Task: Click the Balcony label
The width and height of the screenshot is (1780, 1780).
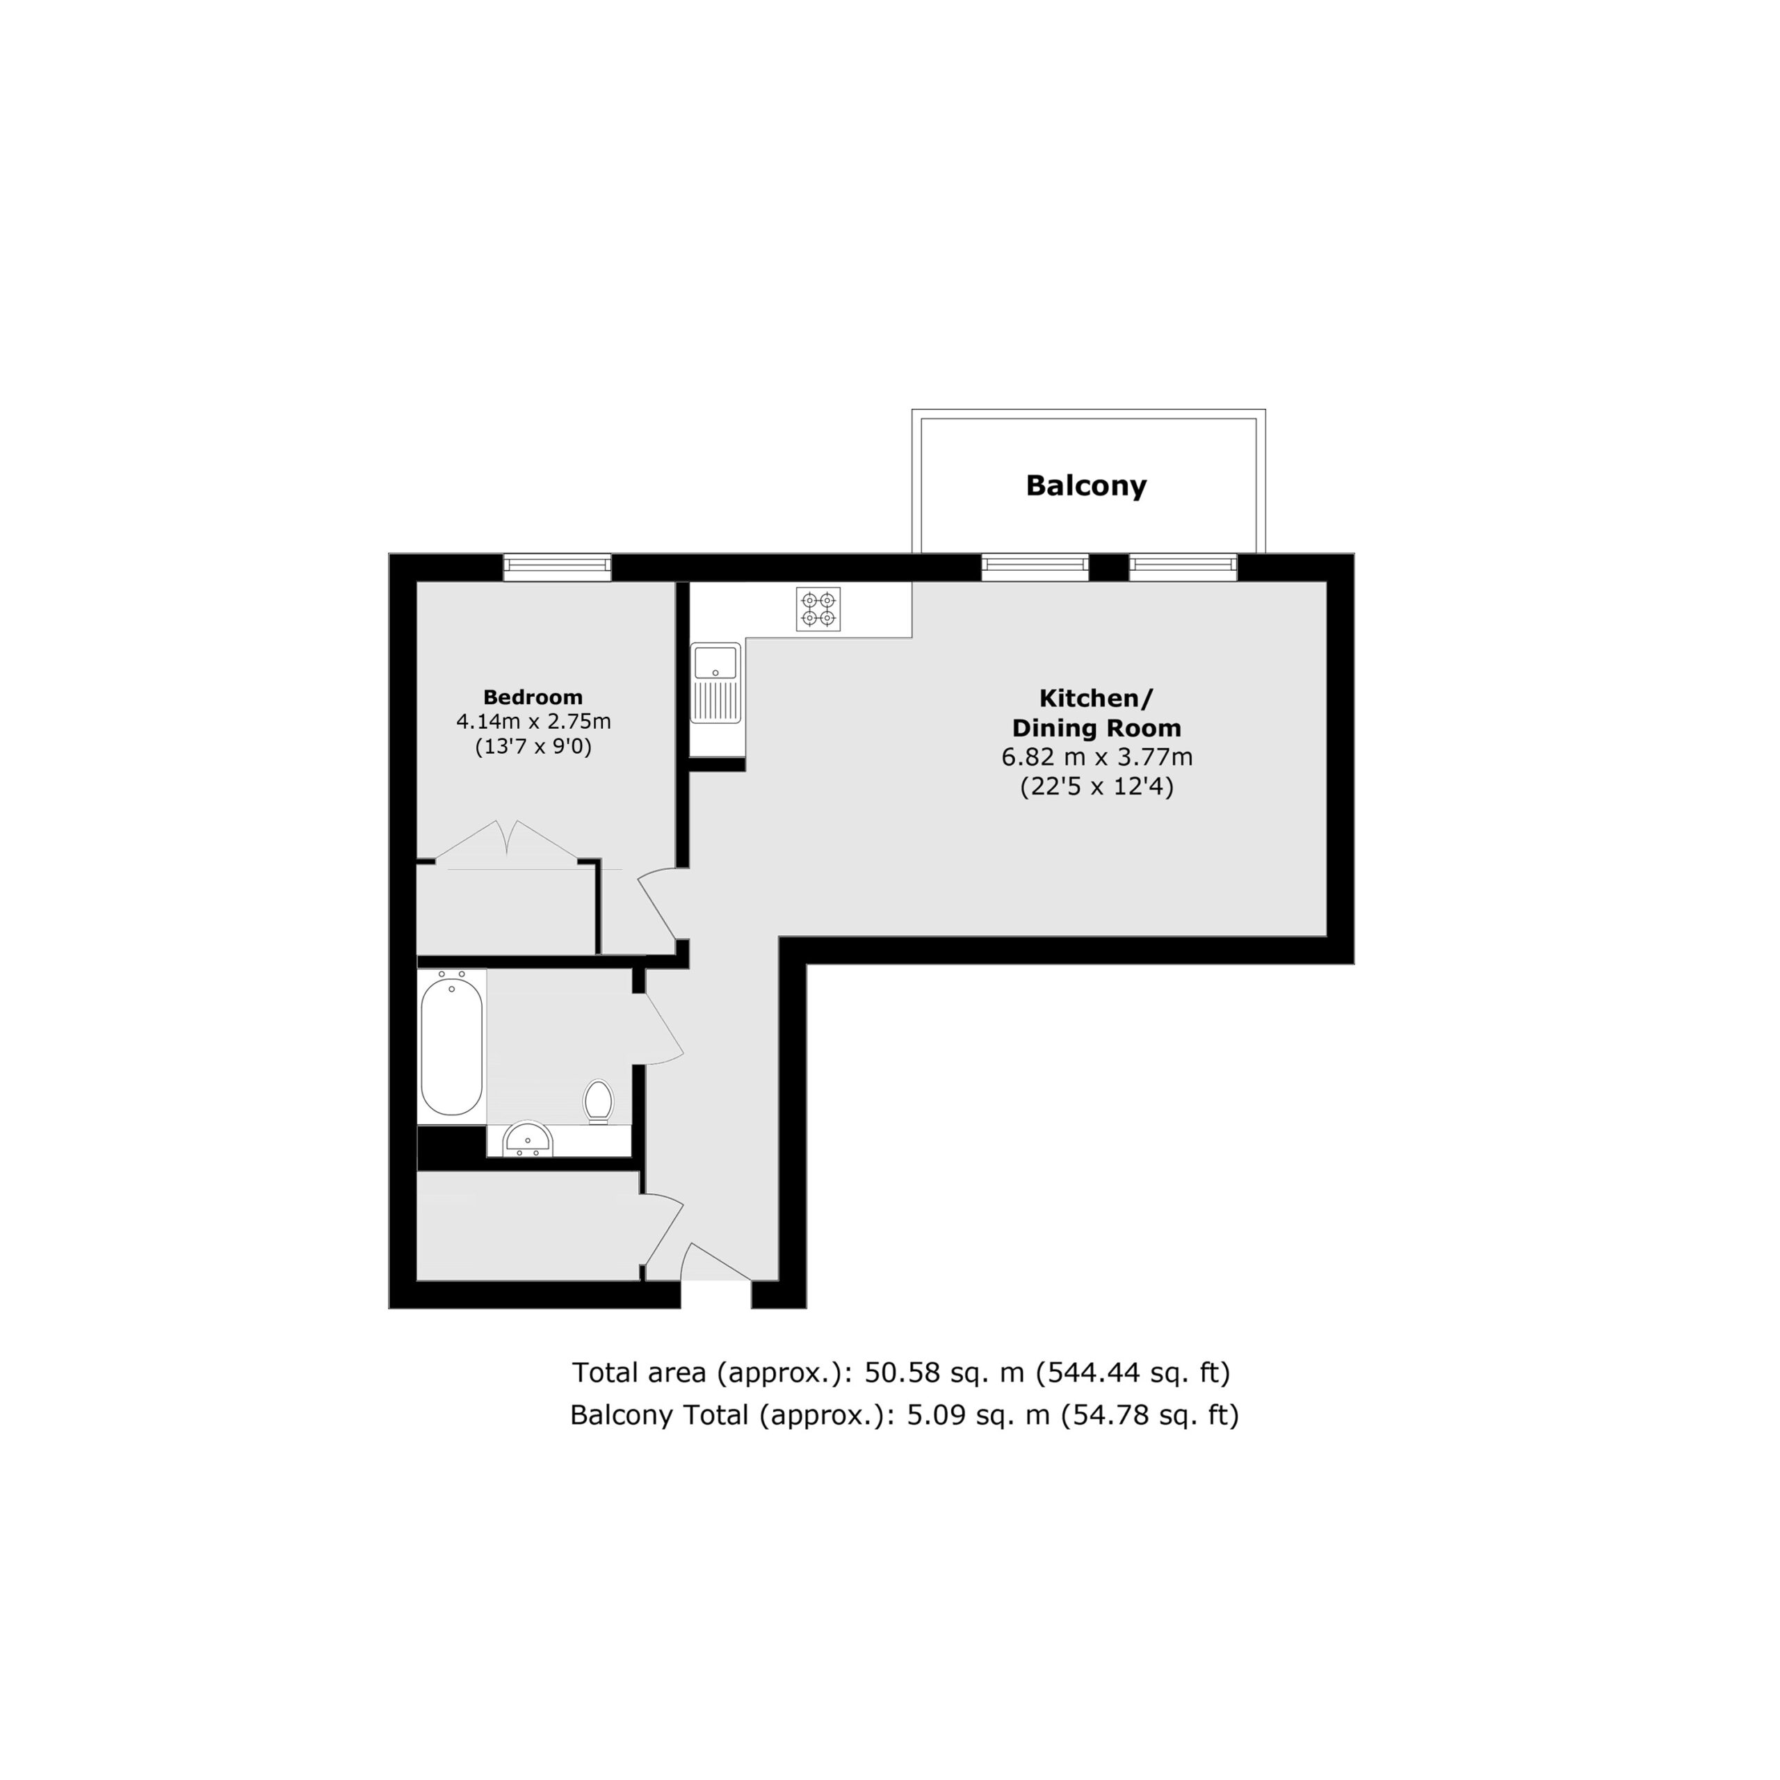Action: (x=1086, y=485)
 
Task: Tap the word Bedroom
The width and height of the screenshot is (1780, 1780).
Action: (x=533, y=697)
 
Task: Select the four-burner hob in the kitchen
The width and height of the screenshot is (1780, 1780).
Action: (x=818, y=610)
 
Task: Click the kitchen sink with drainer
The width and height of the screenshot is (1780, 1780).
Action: (x=717, y=683)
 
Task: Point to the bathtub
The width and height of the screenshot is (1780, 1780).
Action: (x=451, y=1046)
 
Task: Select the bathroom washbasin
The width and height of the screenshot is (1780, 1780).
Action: (x=528, y=1139)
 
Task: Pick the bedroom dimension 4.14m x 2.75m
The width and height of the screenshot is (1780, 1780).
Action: (x=533, y=722)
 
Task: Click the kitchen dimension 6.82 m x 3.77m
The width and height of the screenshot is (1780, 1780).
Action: (x=1097, y=757)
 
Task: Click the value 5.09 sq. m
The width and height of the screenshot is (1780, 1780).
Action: (x=978, y=1414)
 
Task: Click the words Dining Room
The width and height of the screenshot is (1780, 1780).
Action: (x=1097, y=728)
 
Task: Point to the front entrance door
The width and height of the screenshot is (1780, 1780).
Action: (x=717, y=1261)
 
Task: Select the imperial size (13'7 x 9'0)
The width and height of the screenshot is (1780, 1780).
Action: (x=533, y=746)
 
